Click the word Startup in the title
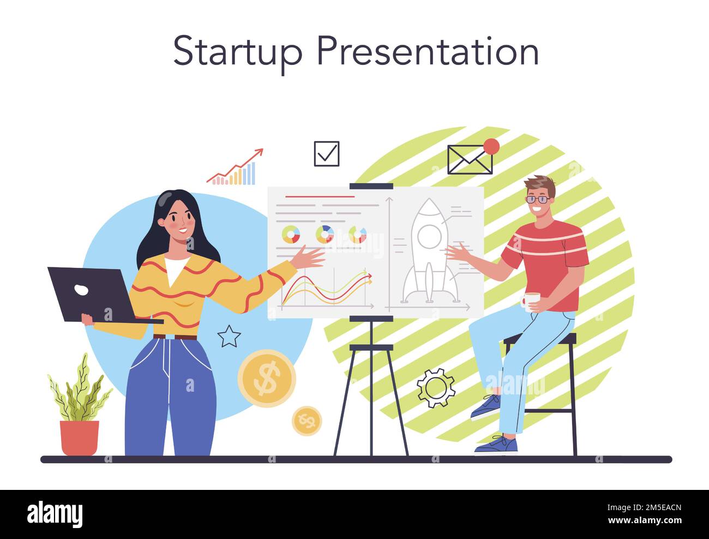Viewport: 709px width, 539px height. click(237, 51)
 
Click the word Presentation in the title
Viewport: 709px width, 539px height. click(428, 51)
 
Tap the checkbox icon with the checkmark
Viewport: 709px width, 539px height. click(327, 154)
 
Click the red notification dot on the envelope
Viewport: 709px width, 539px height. click(491, 146)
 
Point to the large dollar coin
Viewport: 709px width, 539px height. click(267, 378)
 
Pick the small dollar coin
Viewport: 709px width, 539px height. click(307, 421)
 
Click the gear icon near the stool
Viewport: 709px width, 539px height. click(436, 388)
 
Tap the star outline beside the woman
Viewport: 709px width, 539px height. click(229, 336)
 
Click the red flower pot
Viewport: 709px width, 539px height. click(80, 437)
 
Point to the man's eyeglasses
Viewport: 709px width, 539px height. click(538, 200)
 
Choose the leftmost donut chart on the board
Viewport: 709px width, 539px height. click(291, 235)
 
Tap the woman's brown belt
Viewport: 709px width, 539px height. click(175, 337)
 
